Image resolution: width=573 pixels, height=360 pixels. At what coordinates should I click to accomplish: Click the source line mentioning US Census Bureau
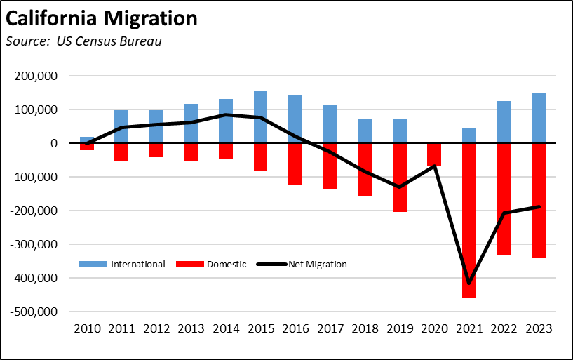click(83, 41)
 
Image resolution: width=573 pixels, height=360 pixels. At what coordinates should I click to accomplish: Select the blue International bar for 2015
click(261, 117)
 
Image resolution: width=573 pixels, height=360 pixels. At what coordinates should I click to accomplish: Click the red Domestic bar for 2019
click(400, 178)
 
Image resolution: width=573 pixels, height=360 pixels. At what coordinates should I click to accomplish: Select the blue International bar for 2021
click(469, 136)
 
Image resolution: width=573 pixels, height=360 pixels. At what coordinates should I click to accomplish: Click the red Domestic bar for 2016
click(295, 164)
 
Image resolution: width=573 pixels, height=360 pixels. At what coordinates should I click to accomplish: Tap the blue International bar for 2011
click(122, 127)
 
